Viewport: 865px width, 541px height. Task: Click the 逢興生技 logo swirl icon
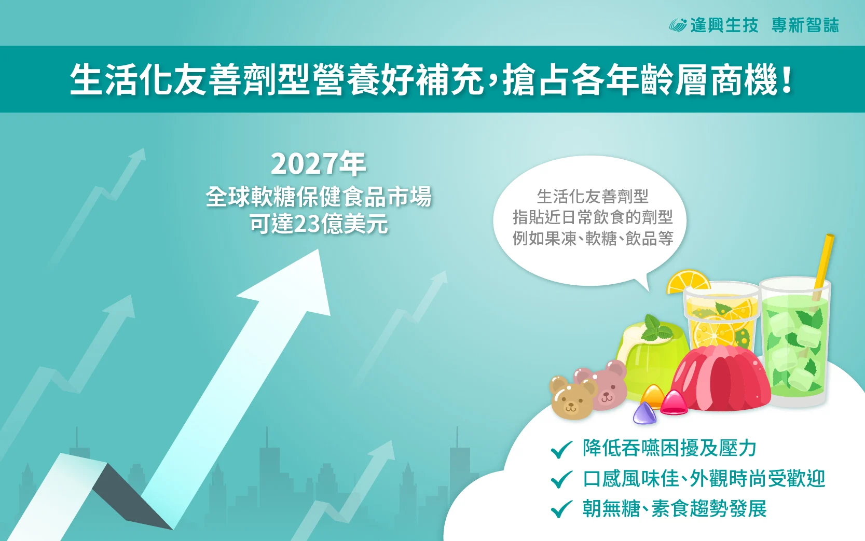point(678,25)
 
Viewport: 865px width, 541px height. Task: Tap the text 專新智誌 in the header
point(805,25)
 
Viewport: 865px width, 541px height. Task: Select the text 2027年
point(318,164)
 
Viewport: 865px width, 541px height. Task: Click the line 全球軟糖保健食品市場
point(319,197)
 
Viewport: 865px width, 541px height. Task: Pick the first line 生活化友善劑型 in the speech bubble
point(593,197)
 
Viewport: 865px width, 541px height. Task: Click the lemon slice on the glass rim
point(688,282)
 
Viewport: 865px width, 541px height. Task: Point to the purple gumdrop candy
point(644,413)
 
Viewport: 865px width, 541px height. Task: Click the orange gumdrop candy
point(653,396)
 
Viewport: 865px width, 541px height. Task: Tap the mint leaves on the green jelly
point(656,328)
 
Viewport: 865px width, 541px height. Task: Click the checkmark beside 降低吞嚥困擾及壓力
point(561,449)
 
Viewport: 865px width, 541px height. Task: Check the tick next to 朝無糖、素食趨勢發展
point(561,509)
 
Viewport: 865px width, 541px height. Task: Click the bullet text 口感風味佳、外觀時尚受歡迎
point(704,479)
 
